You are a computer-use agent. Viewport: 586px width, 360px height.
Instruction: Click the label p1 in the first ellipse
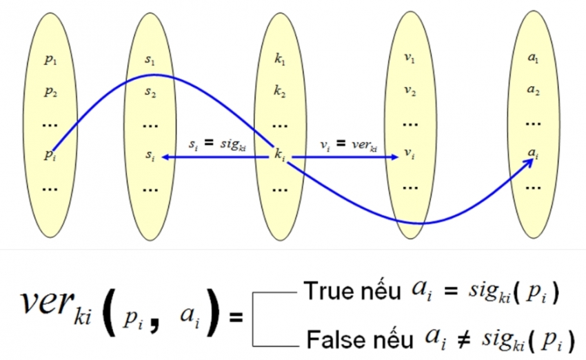[51, 61]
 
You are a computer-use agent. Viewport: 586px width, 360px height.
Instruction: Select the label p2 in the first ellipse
[51, 91]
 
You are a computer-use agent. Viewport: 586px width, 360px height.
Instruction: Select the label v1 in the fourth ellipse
[410, 61]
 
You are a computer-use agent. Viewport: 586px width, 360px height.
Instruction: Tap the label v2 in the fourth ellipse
[410, 91]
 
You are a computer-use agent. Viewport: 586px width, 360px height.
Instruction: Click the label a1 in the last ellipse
[533, 61]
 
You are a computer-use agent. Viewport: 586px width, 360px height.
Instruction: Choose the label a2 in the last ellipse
[533, 91]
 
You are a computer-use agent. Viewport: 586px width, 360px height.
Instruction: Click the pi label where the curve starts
[50, 154]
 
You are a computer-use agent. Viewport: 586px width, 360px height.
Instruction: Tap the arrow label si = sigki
[218, 145]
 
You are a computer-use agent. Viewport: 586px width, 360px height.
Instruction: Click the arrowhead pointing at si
[165, 157]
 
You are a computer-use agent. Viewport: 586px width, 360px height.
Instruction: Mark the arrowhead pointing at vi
[395, 157]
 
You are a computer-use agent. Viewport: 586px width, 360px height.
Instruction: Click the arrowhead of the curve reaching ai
[532, 161]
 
